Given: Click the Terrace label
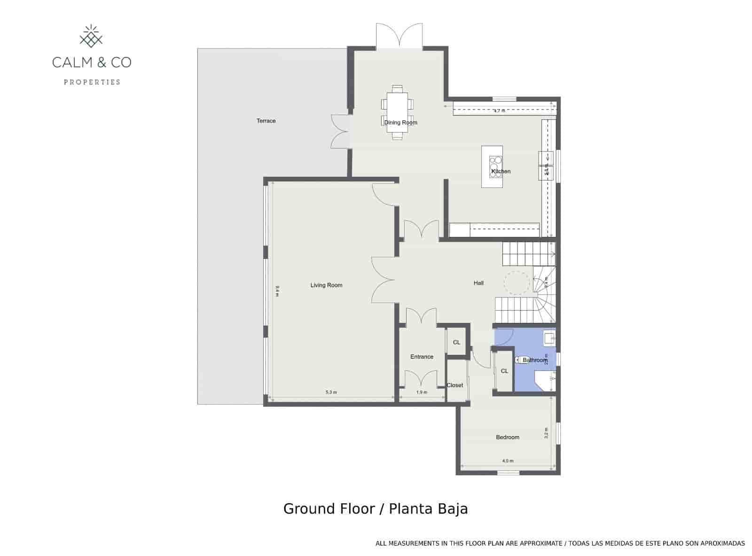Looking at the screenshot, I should point(266,121).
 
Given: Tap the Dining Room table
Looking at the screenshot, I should point(397,113).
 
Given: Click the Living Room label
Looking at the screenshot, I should point(326,285).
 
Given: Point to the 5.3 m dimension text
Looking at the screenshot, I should point(331,392).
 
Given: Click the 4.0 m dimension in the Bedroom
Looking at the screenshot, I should point(508,461).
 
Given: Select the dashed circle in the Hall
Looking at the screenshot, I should point(517,283).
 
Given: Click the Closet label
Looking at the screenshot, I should point(455,385).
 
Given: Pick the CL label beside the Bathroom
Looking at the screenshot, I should point(504,371).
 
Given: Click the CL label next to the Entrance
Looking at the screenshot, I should point(456,343).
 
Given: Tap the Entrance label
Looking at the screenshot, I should point(422,357).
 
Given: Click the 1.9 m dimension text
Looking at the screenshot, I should point(422,392).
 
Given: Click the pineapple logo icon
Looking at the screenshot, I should point(92,37).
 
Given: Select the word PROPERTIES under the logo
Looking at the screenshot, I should point(92,82).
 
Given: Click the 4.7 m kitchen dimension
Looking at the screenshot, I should point(499,111).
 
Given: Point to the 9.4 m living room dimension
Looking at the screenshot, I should point(277,291).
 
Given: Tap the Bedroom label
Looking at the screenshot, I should point(508,438).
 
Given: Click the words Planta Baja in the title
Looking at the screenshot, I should point(428,509).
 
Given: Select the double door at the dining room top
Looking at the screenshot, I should point(399,36).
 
